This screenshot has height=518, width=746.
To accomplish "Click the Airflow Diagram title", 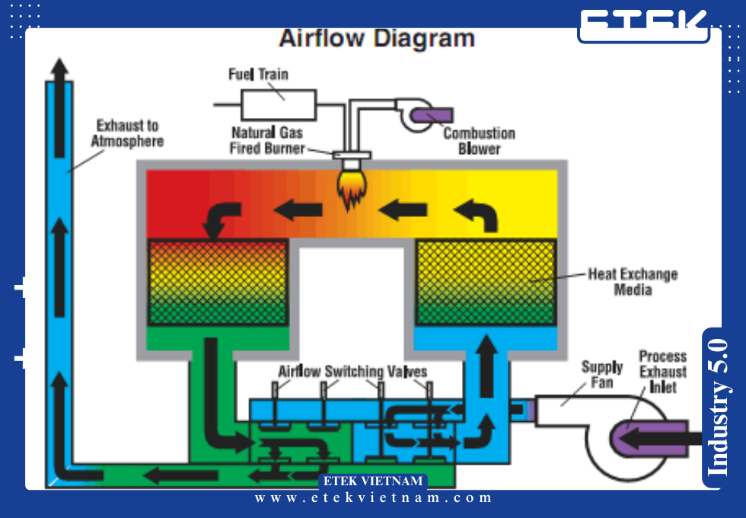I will pos(377,38).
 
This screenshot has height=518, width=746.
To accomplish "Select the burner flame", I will pos(352,190).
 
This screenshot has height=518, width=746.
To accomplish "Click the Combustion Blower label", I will pos(480,141).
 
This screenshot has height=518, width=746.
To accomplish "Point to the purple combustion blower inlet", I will pos(432,116).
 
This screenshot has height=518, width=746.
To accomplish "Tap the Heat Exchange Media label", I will pos(633,281).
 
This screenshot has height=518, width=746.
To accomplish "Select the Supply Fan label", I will pos(601,374).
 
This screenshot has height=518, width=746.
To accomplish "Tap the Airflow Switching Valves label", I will pos(352,372).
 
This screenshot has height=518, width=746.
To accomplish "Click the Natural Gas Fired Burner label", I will pos(267,141).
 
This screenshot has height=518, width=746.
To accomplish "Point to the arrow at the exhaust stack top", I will pos(59,72).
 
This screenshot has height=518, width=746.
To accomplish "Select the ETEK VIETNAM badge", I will pos(372,481).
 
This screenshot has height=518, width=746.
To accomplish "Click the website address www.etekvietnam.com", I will pos(374,498).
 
